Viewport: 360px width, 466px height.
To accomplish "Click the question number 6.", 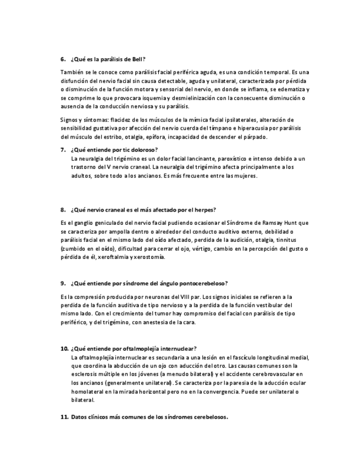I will point(63,59).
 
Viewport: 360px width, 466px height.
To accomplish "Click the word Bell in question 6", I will point(139,59).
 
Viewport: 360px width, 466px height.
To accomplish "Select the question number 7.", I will point(63,149).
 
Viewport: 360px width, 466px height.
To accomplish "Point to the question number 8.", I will point(63,209).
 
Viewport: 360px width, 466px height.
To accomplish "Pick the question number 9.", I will point(63,283).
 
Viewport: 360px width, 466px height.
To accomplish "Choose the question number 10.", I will point(64,348).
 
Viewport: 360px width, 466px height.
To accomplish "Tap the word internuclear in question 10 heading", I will point(179,348).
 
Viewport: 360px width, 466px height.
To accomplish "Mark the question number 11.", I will point(64,417).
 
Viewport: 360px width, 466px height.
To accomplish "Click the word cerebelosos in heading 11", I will point(210,417).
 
